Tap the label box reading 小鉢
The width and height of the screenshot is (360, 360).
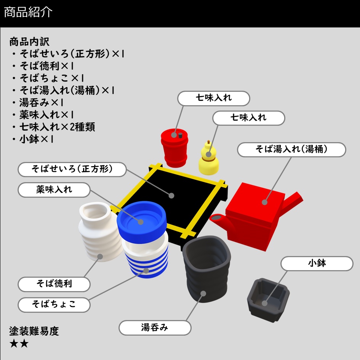[317, 263]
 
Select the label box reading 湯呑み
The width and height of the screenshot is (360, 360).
[155, 328]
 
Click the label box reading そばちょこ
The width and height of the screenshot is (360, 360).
[54, 304]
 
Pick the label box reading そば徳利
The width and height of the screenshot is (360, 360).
[54, 284]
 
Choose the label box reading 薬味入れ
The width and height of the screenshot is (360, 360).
[54, 189]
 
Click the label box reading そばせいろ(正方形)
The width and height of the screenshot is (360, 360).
[72, 169]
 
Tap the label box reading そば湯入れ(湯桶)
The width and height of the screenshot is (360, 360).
[291, 150]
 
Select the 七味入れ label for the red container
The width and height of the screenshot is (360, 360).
[214, 98]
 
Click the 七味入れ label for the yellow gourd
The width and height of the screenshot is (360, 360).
[248, 118]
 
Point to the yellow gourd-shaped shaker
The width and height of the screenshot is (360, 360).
[209, 160]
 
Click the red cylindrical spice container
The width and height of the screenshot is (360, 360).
[174, 147]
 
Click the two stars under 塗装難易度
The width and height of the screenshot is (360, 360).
[19, 344]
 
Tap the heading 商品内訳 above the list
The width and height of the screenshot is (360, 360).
[29, 41]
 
